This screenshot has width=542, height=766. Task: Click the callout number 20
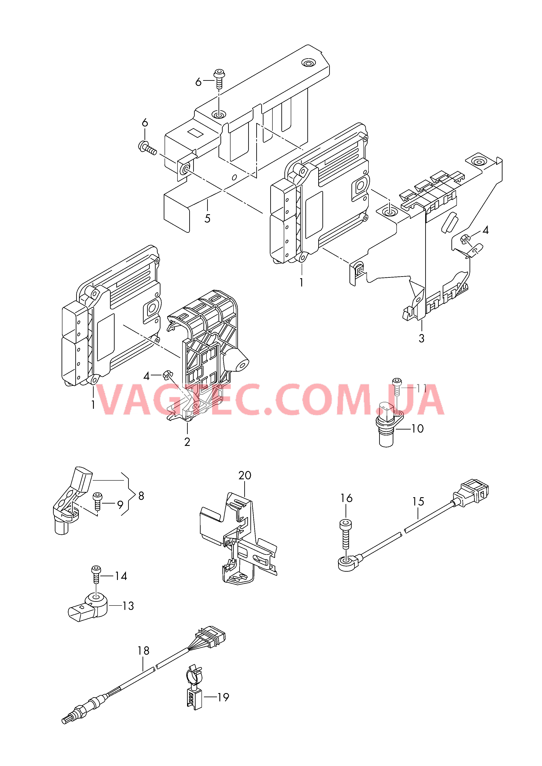245,475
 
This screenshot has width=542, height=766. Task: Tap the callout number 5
207,219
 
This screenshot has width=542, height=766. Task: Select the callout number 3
422,338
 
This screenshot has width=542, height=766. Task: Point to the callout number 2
187,442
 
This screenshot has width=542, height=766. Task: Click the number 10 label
417,429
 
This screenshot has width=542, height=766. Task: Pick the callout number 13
128,606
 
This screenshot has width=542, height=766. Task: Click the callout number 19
223,697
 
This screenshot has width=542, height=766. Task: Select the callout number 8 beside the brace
141,496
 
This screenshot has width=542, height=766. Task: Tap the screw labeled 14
96,574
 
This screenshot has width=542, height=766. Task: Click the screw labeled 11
397,387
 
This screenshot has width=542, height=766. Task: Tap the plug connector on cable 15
470,493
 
